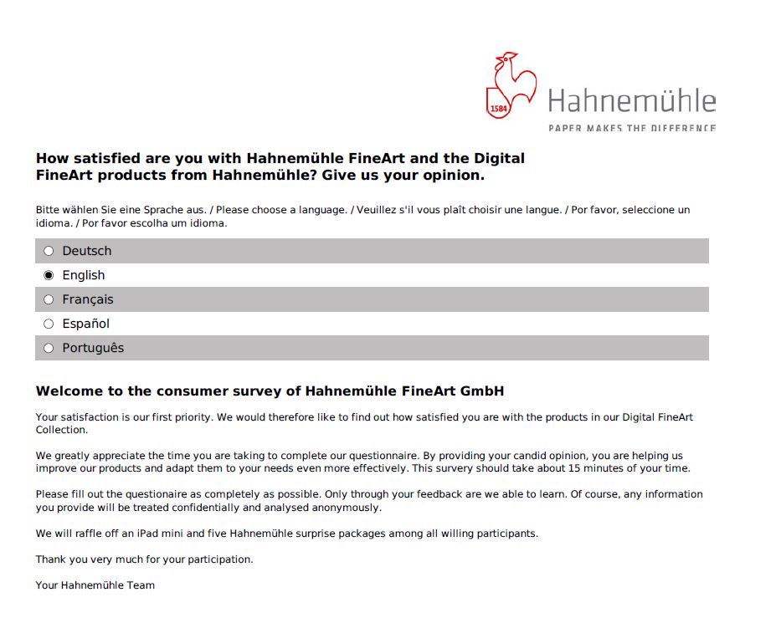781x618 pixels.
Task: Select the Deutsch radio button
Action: pos(49,251)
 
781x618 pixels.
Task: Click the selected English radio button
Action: pos(49,275)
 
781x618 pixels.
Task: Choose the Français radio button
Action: pos(49,299)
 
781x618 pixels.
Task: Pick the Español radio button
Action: pos(49,324)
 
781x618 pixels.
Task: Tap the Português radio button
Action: pos(49,348)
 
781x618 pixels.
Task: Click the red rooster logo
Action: pos(511,84)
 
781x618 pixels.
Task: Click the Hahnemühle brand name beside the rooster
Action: pos(632,101)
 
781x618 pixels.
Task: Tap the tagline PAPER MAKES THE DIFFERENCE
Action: pos(632,128)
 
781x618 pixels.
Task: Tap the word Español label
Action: pos(85,324)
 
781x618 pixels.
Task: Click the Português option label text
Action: pos(93,348)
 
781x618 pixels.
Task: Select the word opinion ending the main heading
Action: pos(457,176)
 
